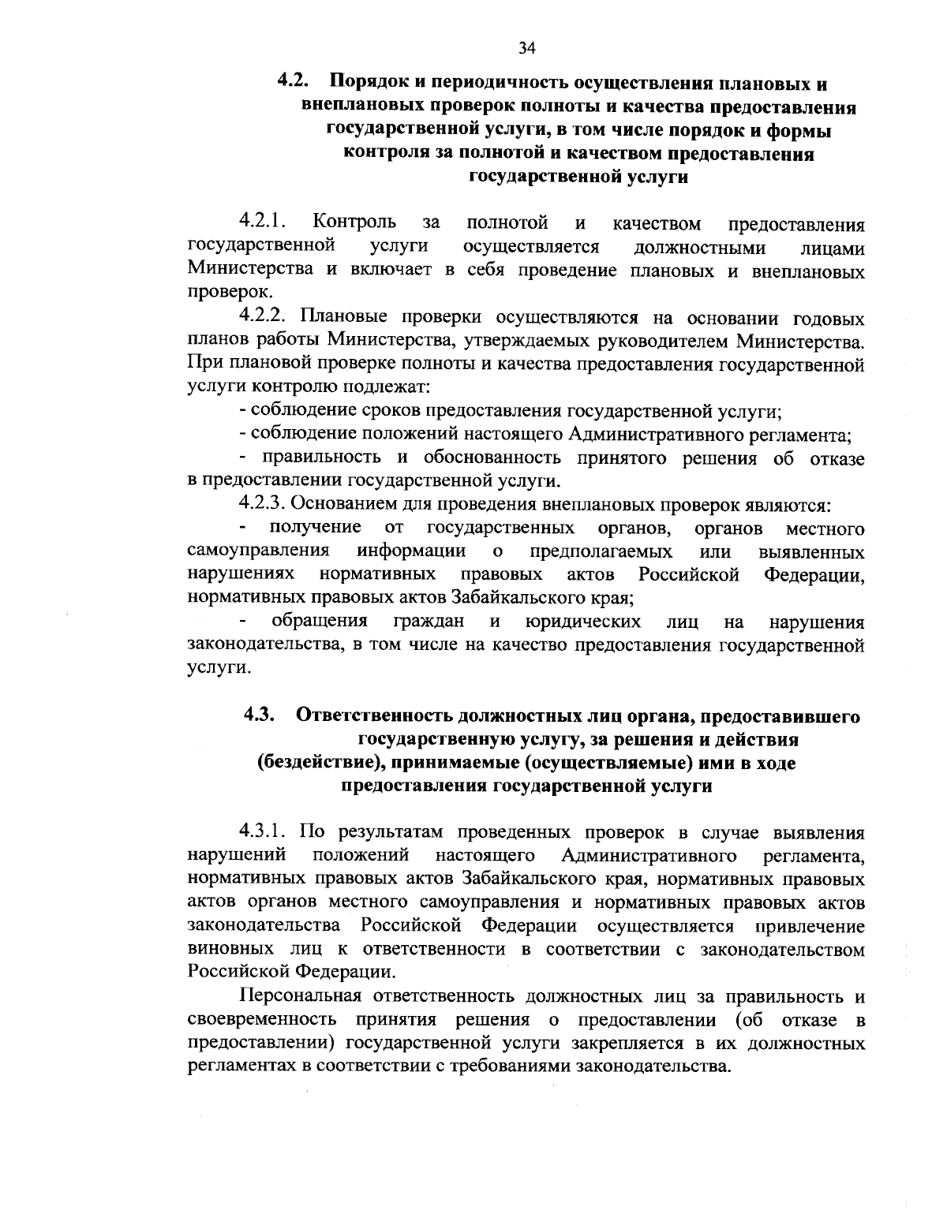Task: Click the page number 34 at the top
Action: [528, 49]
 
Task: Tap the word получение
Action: [316, 527]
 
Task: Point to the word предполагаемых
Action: [601, 551]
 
